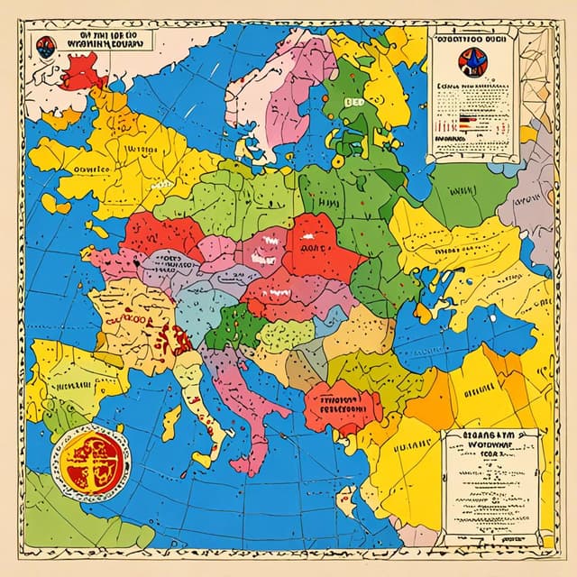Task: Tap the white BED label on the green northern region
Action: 353,103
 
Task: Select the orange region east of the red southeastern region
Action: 424,397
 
